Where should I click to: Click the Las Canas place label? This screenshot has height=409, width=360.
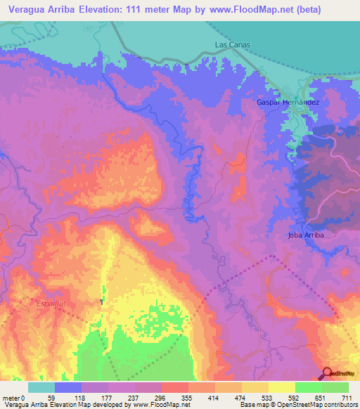(232, 44)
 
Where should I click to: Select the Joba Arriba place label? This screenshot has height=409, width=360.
(304, 235)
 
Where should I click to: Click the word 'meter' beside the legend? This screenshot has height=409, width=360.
(12, 397)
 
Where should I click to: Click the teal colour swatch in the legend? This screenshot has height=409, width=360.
(41, 387)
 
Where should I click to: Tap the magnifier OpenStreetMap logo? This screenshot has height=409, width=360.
(328, 373)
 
